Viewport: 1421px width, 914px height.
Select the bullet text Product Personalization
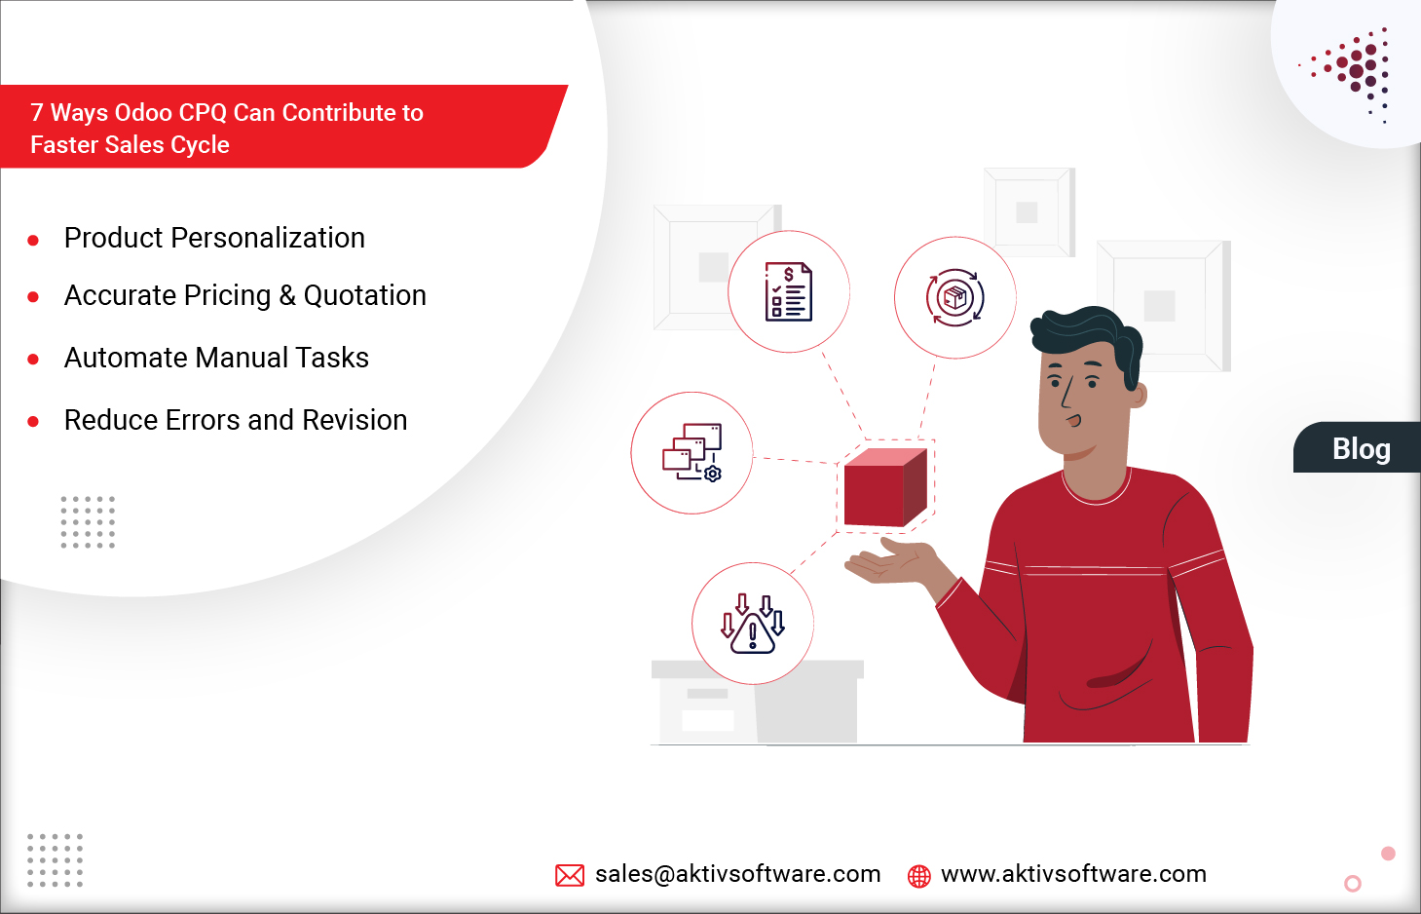[214, 238]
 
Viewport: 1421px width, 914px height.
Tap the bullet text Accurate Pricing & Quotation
[244, 295]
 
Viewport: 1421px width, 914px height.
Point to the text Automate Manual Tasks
[216, 358]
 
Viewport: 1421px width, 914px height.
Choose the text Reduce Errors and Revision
[236, 420]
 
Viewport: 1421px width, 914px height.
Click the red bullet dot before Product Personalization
[33, 240]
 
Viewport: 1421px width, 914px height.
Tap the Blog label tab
[1360, 448]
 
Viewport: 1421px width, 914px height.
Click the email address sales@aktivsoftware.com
[737, 874]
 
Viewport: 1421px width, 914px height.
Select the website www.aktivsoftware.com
[1073, 874]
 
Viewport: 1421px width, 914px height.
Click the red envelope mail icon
[570, 875]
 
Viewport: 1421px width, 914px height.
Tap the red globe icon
[918, 876]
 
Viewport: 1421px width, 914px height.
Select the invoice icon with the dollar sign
[789, 291]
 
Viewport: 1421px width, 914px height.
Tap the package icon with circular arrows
[955, 297]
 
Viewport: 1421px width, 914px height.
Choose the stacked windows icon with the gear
[692, 452]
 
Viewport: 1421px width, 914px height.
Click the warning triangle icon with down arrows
[753, 624]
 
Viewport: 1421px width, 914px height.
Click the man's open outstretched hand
[886, 563]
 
